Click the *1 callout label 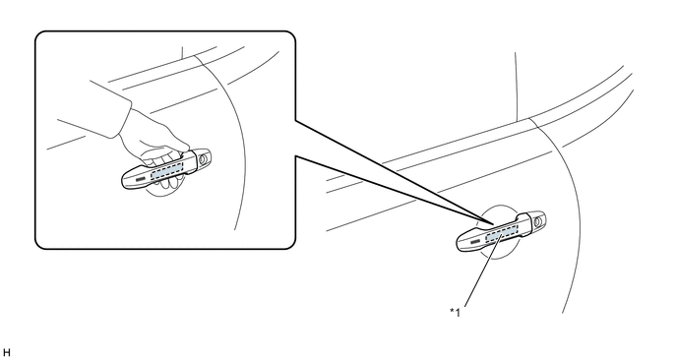(x=455, y=312)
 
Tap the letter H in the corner (x=6, y=353)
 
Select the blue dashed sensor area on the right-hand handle (x=501, y=233)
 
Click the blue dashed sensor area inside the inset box (x=166, y=170)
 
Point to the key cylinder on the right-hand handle (x=538, y=222)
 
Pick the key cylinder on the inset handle (x=204, y=159)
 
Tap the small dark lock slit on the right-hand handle (x=475, y=242)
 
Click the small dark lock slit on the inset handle (x=141, y=179)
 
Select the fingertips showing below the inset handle (x=167, y=183)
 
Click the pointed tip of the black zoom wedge (x=495, y=224)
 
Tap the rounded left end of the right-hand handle (x=459, y=244)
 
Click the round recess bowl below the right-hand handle (x=497, y=256)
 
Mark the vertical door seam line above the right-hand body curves (x=516, y=87)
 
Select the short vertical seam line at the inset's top (x=182, y=52)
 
